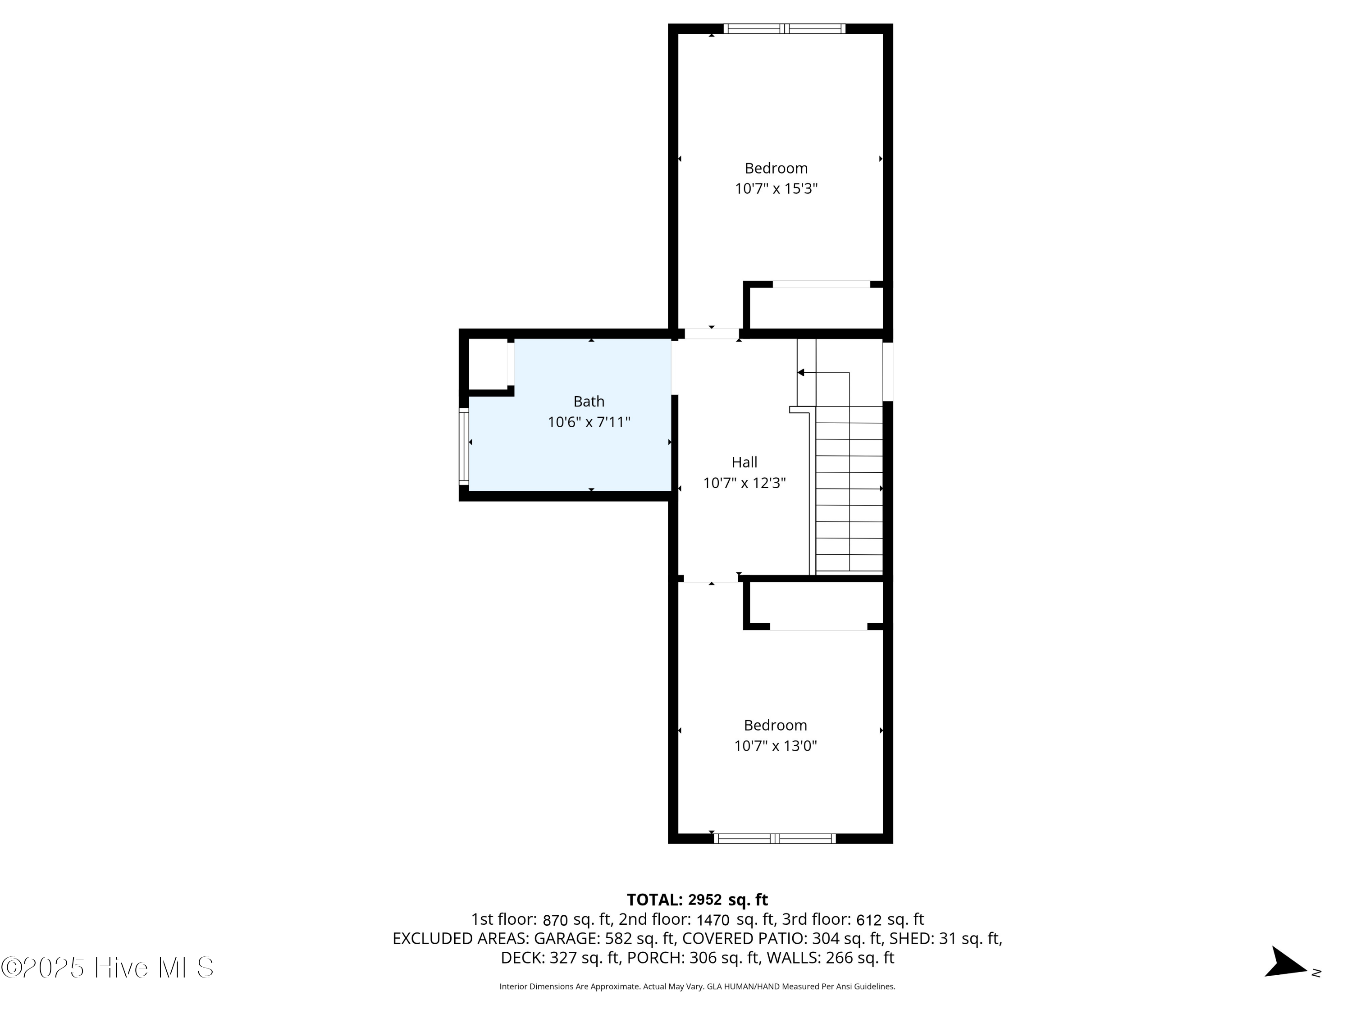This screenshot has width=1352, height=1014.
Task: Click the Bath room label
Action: (589, 402)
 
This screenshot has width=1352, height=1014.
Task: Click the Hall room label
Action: (744, 462)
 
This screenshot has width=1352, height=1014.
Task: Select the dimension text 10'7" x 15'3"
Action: (776, 189)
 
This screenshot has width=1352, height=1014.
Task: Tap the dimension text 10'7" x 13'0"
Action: (775, 746)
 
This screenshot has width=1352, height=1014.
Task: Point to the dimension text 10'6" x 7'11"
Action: (589, 422)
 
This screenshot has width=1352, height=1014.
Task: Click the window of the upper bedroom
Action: (784, 28)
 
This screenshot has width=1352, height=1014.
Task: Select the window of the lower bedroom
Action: (774, 839)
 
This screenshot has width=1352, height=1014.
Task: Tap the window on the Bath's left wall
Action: (464, 447)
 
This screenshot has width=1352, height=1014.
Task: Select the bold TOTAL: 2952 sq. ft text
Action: (697, 900)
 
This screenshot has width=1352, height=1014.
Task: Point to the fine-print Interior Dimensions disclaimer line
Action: (697, 987)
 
